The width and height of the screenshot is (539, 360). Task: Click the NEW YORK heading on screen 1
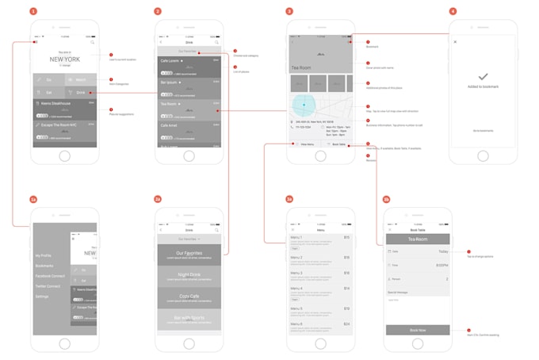click(x=64, y=59)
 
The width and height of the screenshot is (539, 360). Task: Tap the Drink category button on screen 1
click(x=81, y=93)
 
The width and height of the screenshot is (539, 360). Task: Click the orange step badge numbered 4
click(x=453, y=12)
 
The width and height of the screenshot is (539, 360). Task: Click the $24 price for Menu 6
click(x=346, y=324)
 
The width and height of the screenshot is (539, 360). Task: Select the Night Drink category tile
click(x=189, y=274)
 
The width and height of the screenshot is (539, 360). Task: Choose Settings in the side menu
click(x=42, y=296)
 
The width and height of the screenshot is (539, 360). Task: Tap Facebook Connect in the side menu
click(x=48, y=275)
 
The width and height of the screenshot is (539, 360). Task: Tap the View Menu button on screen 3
click(x=306, y=144)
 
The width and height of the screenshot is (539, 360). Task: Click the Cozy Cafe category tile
click(x=189, y=297)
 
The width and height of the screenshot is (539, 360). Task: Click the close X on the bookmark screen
click(x=455, y=42)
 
